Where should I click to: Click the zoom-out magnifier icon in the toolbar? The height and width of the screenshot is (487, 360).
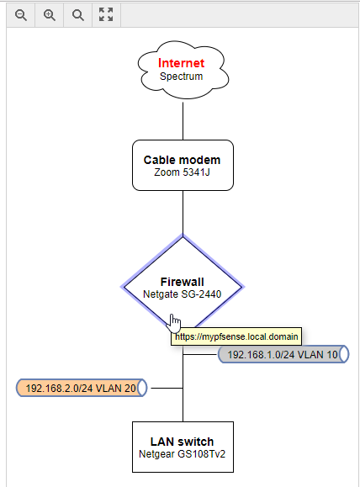tap(21, 15)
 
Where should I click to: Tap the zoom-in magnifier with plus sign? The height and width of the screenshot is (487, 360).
tap(50, 15)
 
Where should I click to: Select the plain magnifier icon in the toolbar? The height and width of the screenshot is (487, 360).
tap(78, 15)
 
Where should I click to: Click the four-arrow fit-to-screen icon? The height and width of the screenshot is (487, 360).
tap(106, 14)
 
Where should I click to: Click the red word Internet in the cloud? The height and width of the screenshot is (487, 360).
tap(182, 63)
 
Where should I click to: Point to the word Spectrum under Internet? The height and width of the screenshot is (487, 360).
tap(182, 77)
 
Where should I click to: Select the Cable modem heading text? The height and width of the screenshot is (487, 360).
tap(182, 160)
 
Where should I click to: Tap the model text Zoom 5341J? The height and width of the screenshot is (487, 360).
tap(182, 172)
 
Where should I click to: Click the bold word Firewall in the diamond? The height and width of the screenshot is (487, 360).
tap(183, 282)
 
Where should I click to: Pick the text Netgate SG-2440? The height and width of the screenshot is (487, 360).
tap(182, 294)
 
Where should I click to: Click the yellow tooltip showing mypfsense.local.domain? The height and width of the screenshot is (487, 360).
tap(236, 336)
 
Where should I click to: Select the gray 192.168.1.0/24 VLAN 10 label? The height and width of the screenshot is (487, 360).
tap(283, 354)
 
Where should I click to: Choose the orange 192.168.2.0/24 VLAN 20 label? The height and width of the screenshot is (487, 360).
tap(82, 388)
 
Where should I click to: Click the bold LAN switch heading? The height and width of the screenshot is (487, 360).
tap(182, 442)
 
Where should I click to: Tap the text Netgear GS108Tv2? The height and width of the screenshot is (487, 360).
tap(182, 454)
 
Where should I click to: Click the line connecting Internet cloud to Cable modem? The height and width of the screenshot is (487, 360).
tap(183, 121)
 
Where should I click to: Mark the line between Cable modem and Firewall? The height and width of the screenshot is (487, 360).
tap(183, 213)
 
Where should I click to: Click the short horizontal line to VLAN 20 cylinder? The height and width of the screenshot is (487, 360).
tap(167, 389)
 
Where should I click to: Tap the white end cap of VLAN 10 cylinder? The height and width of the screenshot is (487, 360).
tap(343, 354)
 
